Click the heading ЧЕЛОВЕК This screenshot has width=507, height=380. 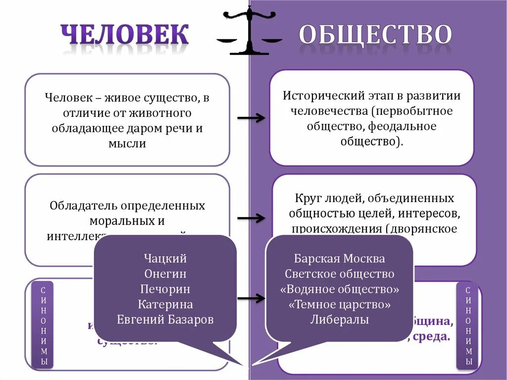coord(125,35)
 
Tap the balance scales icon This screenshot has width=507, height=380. coord(250,30)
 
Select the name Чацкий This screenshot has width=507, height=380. coord(165,258)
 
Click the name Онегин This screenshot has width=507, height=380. coord(165,273)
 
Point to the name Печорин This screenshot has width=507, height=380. coord(165,289)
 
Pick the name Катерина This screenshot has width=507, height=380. coord(165,304)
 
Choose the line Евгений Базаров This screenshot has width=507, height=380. coord(165,320)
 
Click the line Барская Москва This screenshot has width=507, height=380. coord(339,259)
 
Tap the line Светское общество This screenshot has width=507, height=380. coord(339,274)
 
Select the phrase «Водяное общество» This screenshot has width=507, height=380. coord(339,289)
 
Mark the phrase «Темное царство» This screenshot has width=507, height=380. coord(339,305)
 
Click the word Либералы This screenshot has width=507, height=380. coord(339,320)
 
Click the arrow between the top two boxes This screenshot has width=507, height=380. coord(251,118)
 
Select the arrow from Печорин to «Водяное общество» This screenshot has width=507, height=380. coord(251,299)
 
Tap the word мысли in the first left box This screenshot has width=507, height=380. coord(127,144)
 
